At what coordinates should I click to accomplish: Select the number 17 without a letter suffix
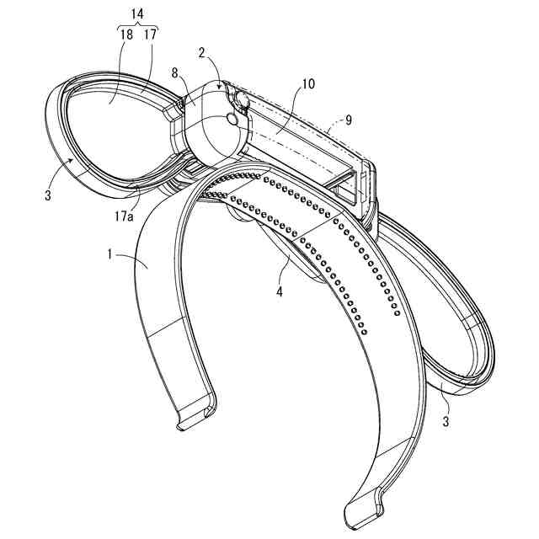click(x=151, y=35)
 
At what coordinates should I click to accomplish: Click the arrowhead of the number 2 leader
click(x=221, y=87)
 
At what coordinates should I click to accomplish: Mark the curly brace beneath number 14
click(x=137, y=25)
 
